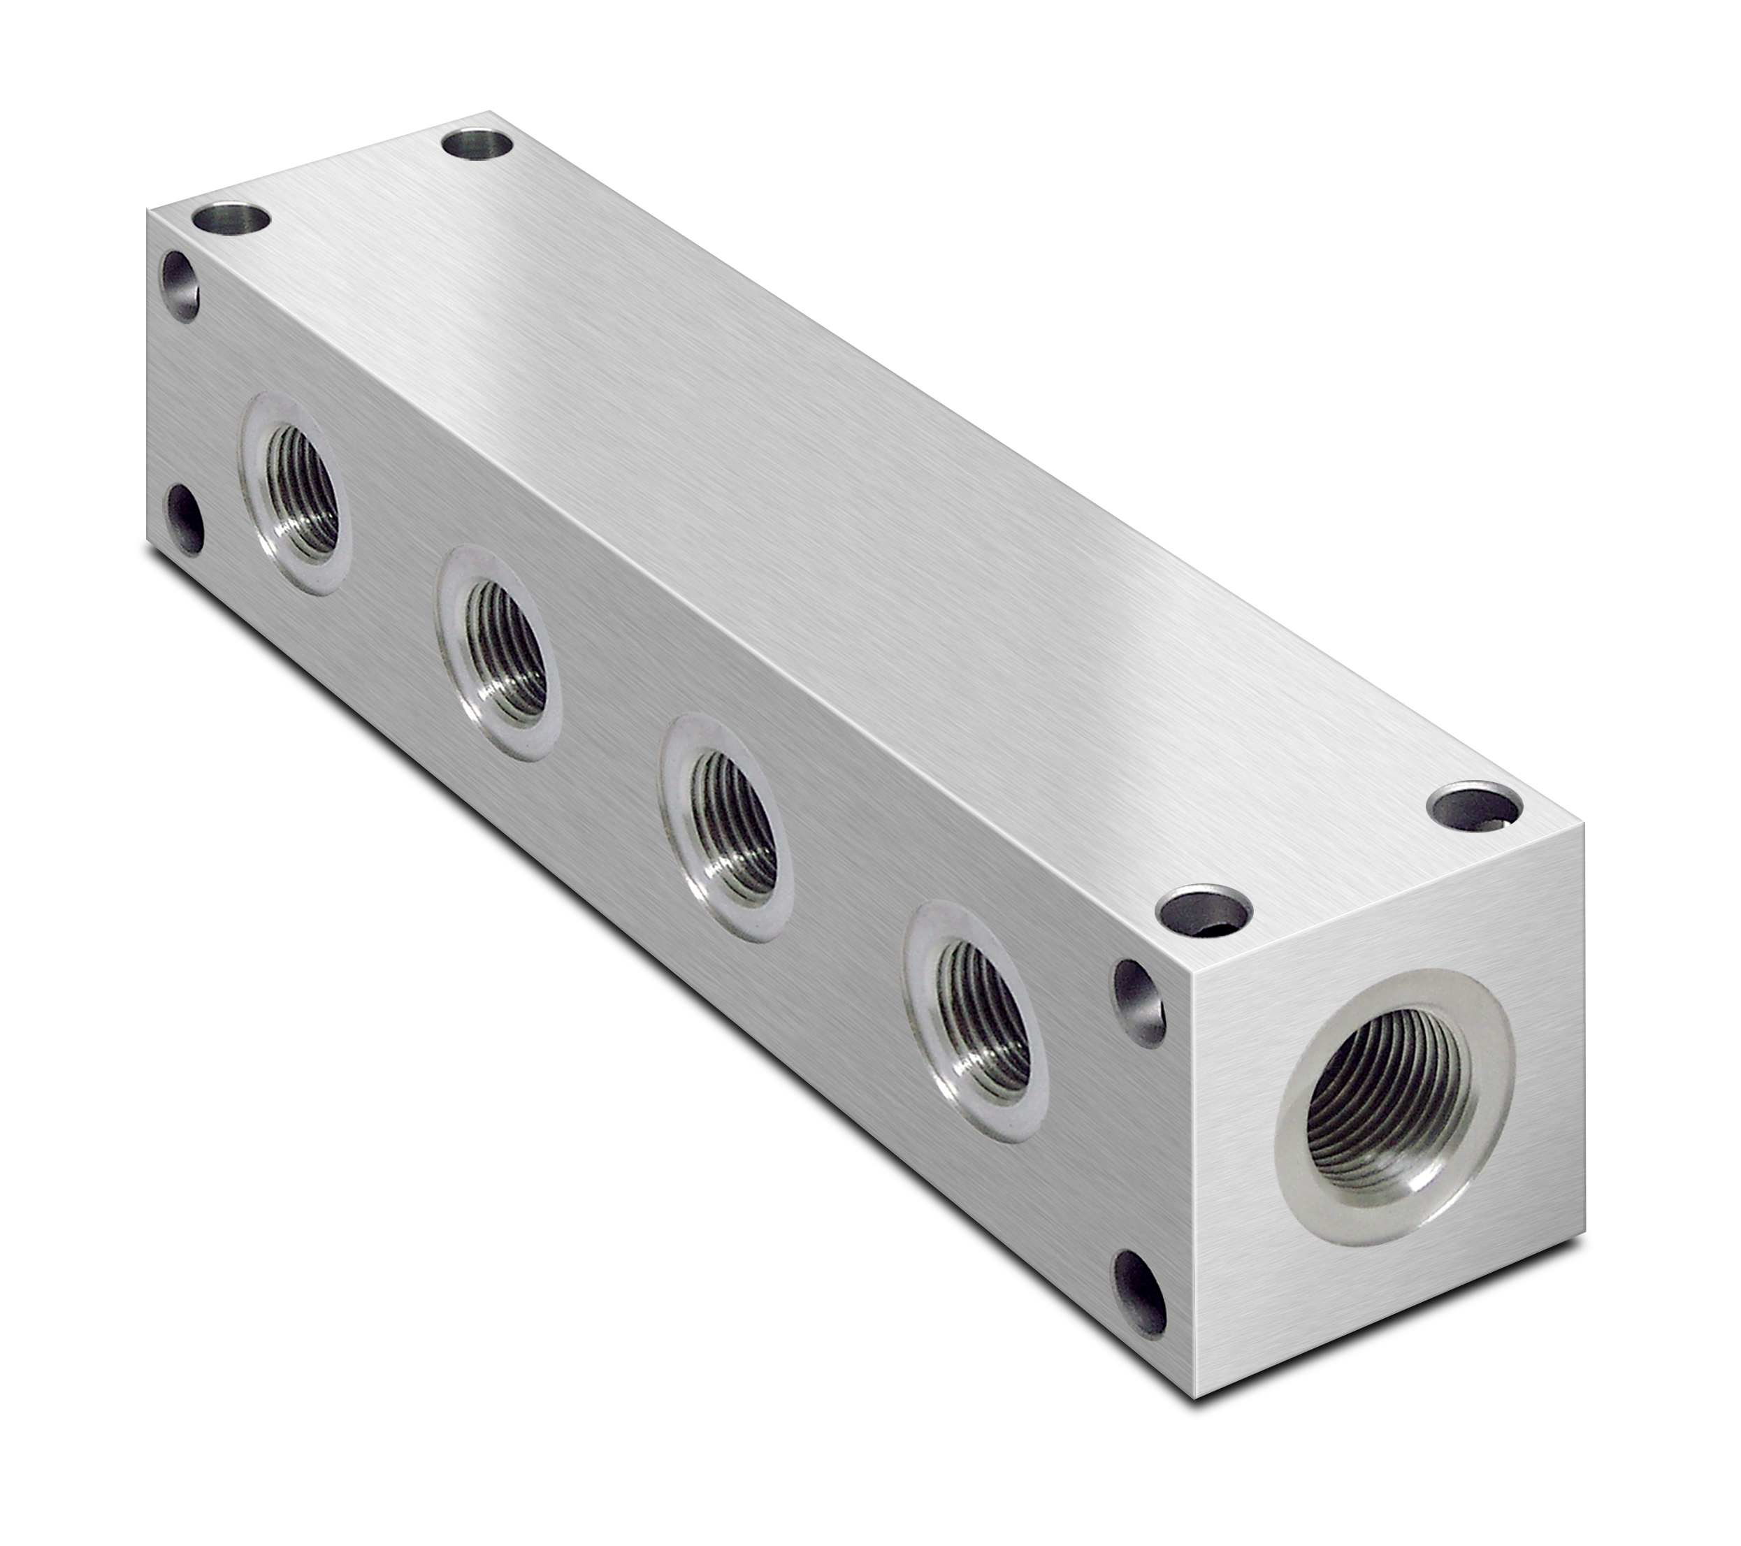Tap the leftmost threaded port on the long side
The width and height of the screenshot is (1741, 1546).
(x=297, y=493)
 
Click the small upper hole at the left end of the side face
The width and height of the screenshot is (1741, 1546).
(x=180, y=284)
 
